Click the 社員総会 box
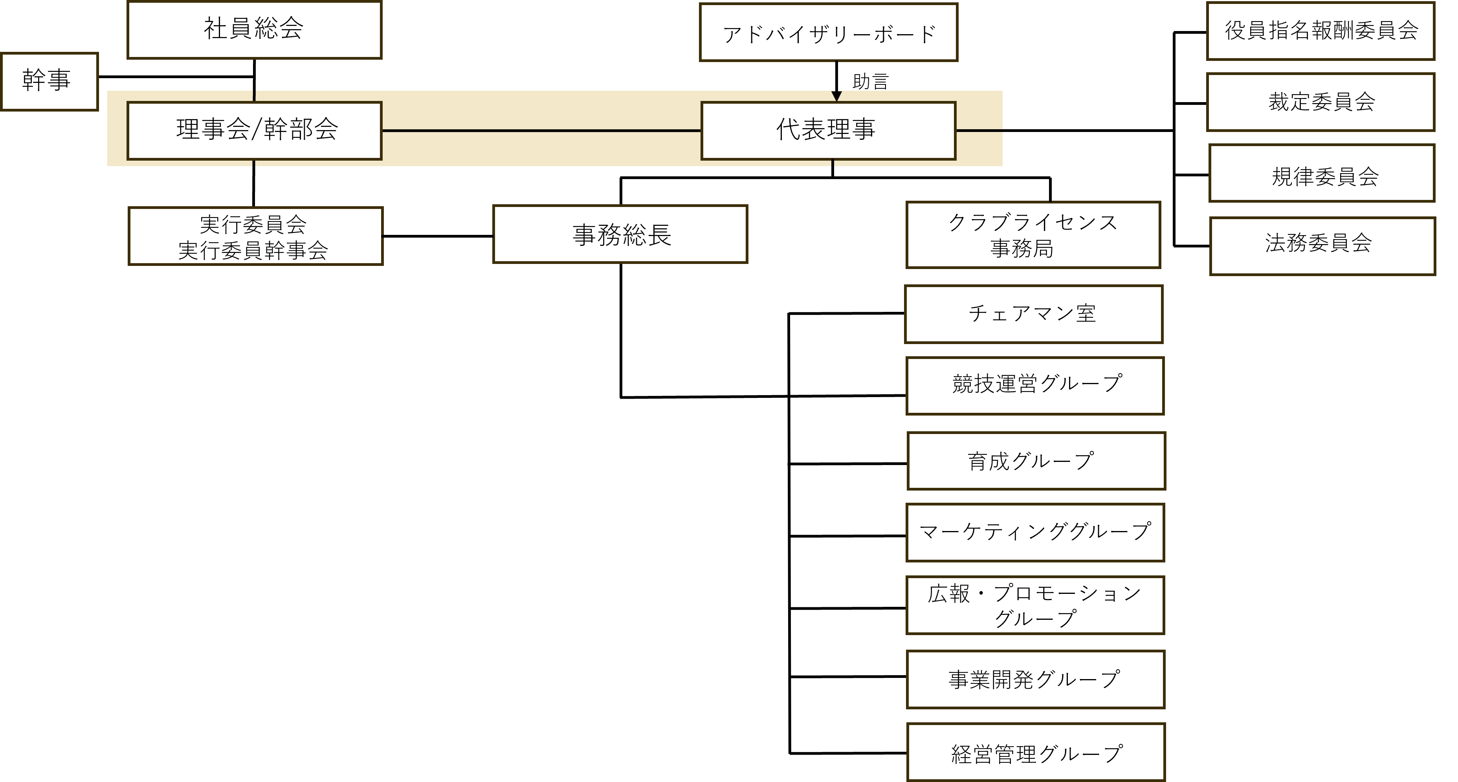click(254, 30)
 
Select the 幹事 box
click(49, 81)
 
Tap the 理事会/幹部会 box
click(255, 130)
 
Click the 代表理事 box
click(828, 130)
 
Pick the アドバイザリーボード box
click(828, 32)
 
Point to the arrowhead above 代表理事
click(836, 96)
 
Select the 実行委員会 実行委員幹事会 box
click(255, 236)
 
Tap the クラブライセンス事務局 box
click(1033, 235)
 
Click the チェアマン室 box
click(1034, 314)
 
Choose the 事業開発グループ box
click(1035, 679)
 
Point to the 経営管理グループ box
click(1036, 752)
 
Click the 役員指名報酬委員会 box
click(1320, 31)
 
